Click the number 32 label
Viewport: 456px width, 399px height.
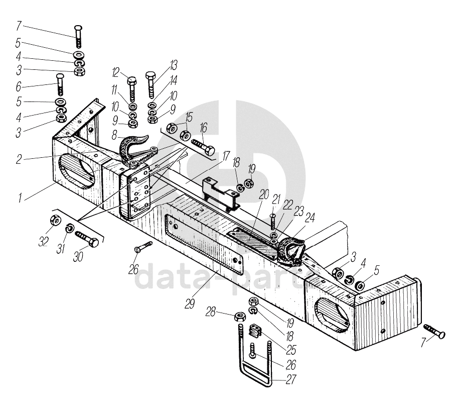coord(44,241)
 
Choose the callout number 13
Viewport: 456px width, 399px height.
coord(174,65)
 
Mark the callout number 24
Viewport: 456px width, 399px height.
coord(311,218)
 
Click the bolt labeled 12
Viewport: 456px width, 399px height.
coord(132,87)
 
